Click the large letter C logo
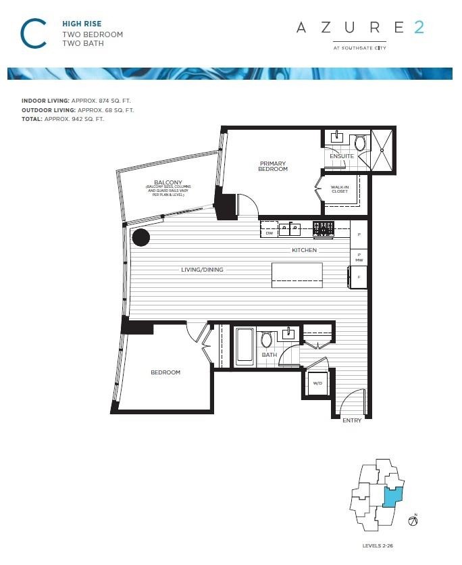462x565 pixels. pyautogui.click(x=33, y=33)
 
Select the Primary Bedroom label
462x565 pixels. pyautogui.click(x=273, y=166)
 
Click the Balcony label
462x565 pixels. pyautogui.click(x=165, y=182)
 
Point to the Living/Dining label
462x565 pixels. pyautogui.click(x=202, y=270)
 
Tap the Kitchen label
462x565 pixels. pyautogui.click(x=304, y=250)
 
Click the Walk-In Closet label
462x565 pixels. pyautogui.click(x=340, y=190)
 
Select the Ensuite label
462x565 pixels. pyautogui.click(x=341, y=156)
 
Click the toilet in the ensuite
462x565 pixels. pyautogui.click(x=359, y=143)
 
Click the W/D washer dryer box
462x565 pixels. pyautogui.click(x=317, y=384)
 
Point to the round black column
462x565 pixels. pyautogui.click(x=140, y=237)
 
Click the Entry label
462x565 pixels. pyautogui.click(x=352, y=420)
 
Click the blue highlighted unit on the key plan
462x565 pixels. pyautogui.click(x=391, y=497)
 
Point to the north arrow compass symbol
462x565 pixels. pyautogui.click(x=413, y=521)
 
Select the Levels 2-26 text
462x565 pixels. pyautogui.click(x=382, y=545)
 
